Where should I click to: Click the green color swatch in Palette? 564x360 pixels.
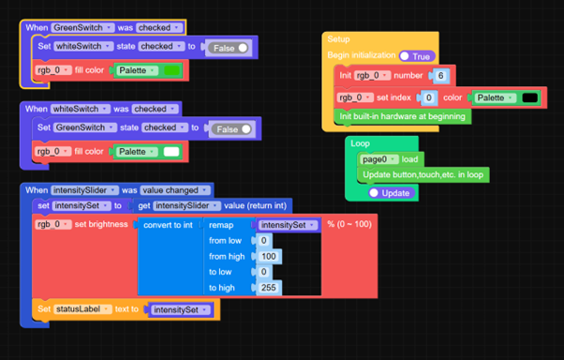tap(171, 70)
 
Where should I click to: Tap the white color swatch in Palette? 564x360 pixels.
tap(171, 152)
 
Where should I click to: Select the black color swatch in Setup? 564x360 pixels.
tap(530, 97)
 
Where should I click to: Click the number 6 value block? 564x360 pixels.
tap(440, 76)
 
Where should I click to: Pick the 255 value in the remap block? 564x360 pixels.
tap(268, 288)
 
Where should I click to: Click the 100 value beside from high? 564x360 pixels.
tap(268, 256)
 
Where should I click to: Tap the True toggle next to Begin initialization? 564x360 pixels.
tap(417, 56)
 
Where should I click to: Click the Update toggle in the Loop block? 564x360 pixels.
tap(392, 193)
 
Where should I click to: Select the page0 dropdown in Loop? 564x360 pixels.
tap(379, 159)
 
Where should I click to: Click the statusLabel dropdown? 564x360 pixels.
tap(82, 309)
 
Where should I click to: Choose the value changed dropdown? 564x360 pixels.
tap(175, 190)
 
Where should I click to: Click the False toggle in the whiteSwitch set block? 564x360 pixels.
tap(229, 48)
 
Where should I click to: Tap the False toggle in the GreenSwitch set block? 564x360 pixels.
tap(232, 129)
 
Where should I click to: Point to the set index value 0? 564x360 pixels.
tap(428, 97)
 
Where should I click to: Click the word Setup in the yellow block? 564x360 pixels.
tap(338, 39)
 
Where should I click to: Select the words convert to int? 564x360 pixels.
tap(168, 225)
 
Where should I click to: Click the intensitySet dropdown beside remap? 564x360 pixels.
tap(289, 225)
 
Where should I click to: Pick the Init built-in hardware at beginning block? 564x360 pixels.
tap(403, 116)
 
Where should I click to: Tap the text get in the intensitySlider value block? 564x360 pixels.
tap(144, 206)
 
